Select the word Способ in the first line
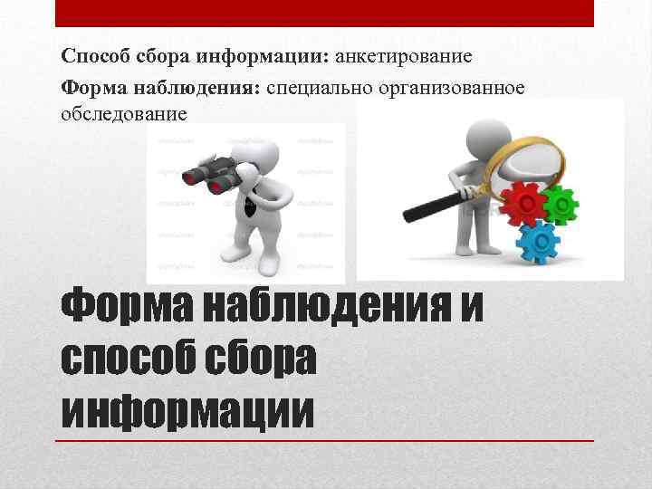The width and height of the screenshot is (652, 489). pos(91,57)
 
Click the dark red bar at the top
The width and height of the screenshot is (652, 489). pos(325,14)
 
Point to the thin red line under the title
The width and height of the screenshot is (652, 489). pos(325,441)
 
